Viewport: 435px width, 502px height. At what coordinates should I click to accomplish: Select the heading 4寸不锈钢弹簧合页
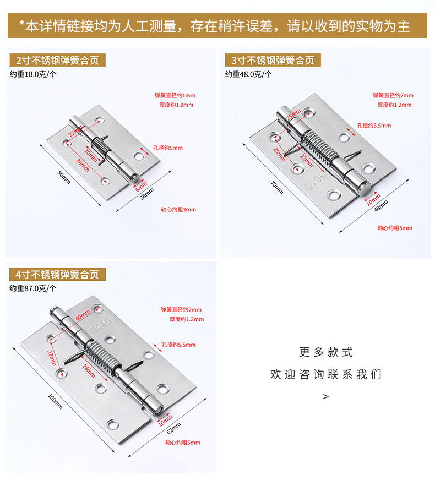pos(57,274)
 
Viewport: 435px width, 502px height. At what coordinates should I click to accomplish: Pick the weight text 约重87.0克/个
pos(33,288)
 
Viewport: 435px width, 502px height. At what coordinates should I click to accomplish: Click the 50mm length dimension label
pos(64,177)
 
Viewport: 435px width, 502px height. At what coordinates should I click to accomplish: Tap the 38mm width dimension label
pos(146,193)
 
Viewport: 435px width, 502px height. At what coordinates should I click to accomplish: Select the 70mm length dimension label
pos(277,188)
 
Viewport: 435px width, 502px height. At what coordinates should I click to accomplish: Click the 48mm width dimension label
pos(381,206)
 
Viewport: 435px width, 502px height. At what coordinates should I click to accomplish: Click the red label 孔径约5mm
pos(168,148)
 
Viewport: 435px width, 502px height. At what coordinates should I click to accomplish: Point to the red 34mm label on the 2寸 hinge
pos(83,165)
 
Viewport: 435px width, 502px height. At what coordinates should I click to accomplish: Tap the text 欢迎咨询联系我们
pos(325,375)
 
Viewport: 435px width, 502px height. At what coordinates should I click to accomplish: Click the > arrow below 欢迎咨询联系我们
pos(325,396)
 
